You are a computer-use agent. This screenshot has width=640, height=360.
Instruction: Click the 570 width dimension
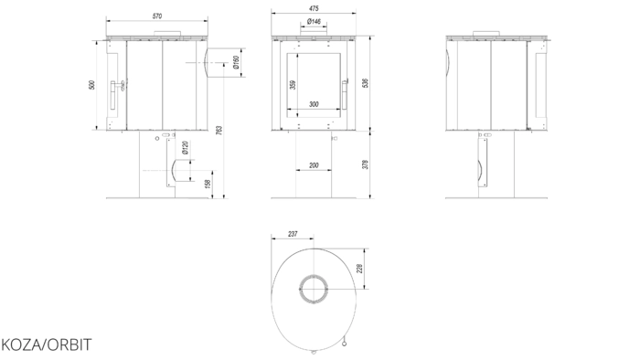[x=157, y=16]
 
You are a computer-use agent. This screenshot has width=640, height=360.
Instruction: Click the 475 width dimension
[x=314, y=8]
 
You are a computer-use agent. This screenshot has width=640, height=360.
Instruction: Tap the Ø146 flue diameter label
[x=314, y=22]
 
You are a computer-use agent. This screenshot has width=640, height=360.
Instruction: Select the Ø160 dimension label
[x=236, y=62]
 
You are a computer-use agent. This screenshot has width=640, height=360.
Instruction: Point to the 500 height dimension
[x=91, y=85]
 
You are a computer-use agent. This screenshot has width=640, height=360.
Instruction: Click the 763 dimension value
[x=219, y=131]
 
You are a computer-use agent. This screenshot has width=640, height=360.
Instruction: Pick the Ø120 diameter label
[x=185, y=148]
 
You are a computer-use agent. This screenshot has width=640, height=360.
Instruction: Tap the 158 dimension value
[x=208, y=185]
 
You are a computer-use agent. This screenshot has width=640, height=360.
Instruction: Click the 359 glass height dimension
[x=293, y=85]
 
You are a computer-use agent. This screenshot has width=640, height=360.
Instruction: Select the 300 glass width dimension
[x=314, y=104]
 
